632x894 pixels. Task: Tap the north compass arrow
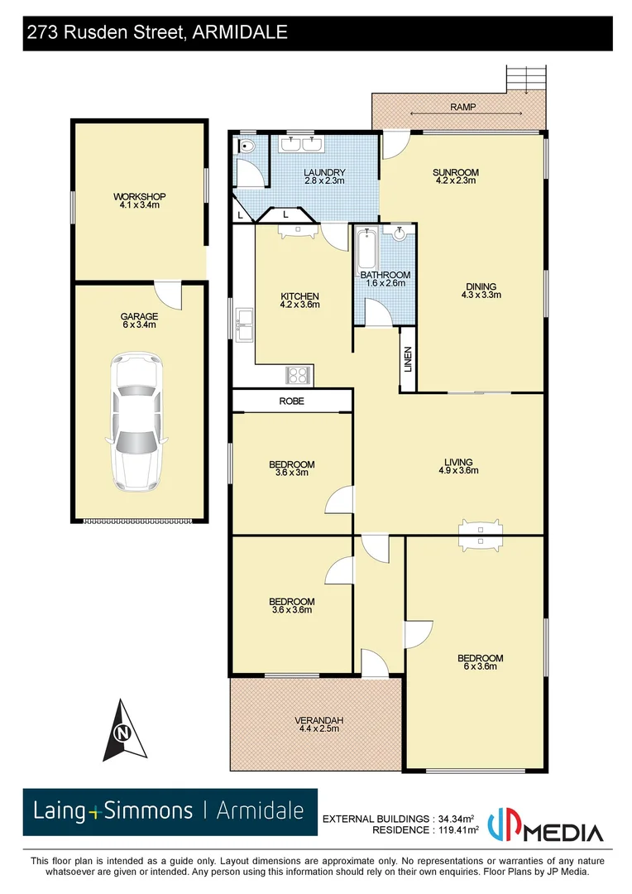[123, 729]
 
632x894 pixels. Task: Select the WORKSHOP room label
[140, 196]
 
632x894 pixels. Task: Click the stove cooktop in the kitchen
[298, 375]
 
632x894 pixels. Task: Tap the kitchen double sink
[244, 324]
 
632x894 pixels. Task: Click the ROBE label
[292, 401]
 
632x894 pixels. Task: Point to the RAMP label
[462, 107]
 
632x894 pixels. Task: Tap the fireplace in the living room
[480, 536]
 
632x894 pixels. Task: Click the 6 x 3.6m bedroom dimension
[480, 668]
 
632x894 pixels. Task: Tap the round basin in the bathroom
[400, 233]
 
